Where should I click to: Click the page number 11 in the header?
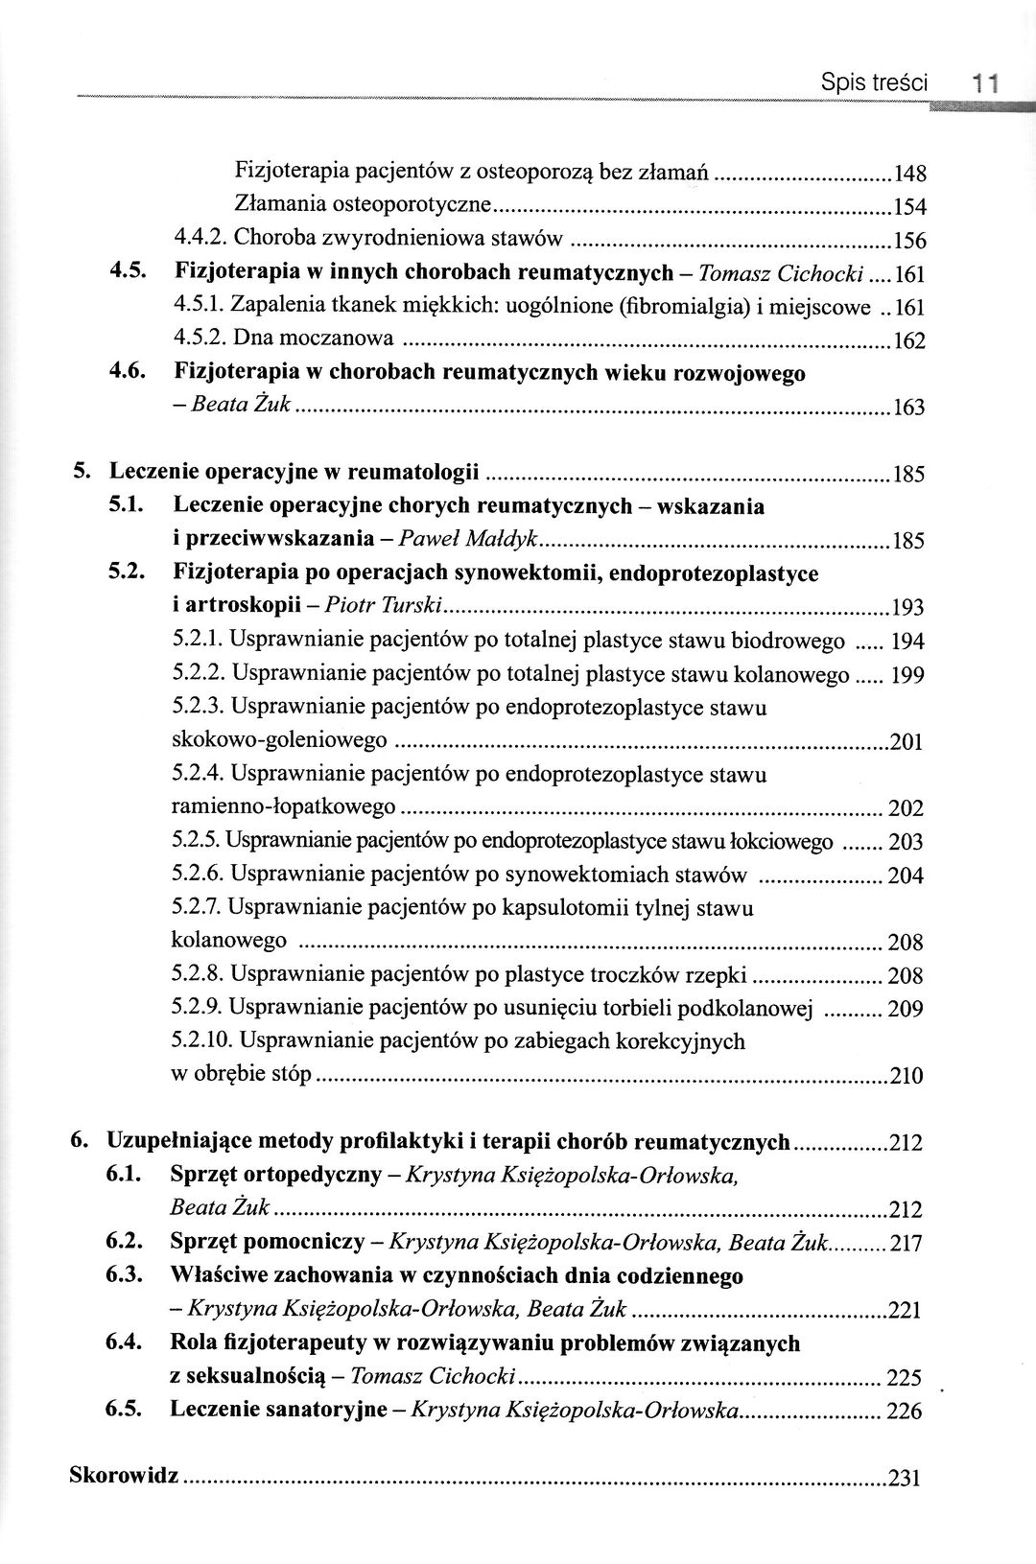(983, 84)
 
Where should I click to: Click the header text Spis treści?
(874, 83)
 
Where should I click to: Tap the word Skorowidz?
(124, 1475)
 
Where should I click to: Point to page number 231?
(906, 1478)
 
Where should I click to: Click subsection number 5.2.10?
(200, 1040)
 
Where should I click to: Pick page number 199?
(907, 676)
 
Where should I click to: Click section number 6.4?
(125, 1343)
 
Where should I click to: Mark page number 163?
(907, 409)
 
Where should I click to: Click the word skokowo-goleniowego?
(279, 740)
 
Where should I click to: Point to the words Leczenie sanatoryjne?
(277, 1410)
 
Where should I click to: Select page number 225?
(905, 1379)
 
